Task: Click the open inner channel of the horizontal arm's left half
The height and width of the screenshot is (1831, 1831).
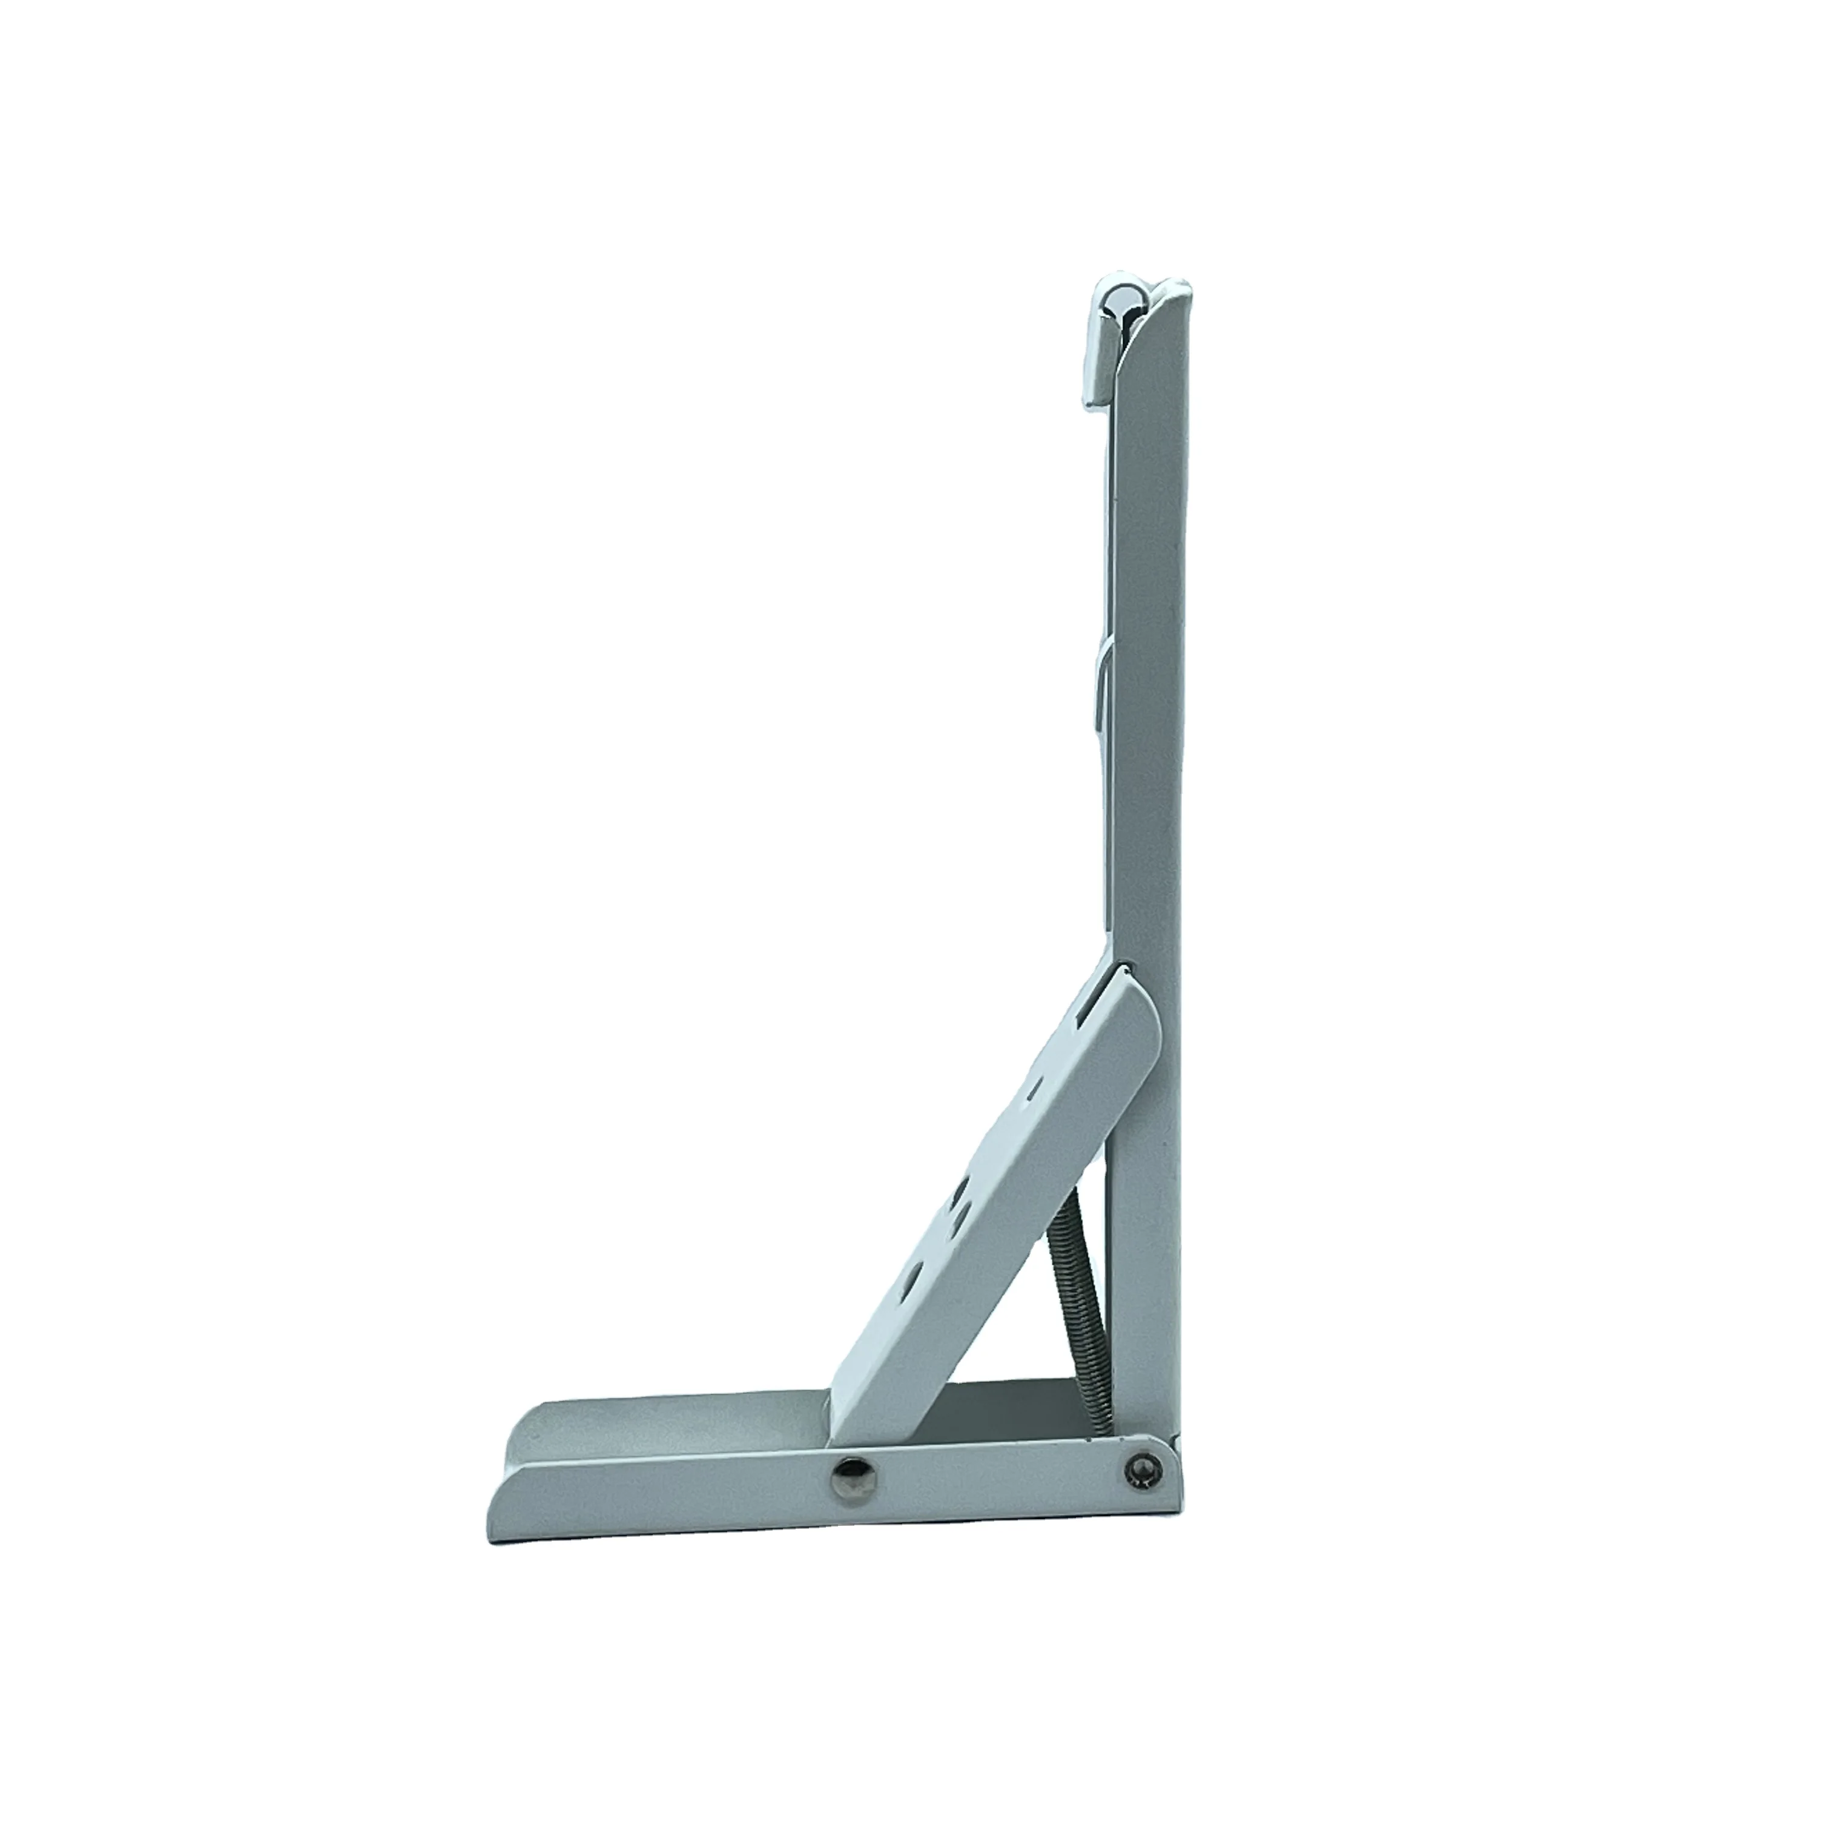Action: [x=664, y=1422]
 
